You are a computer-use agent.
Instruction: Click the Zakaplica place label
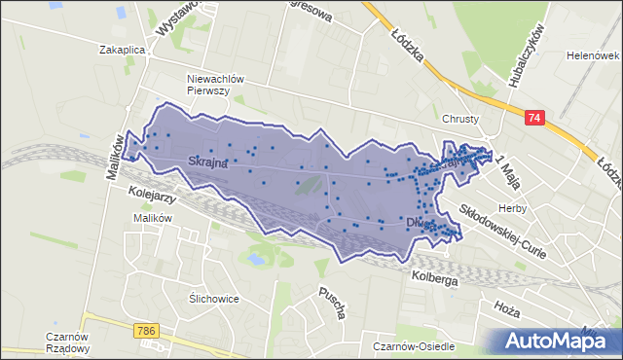tap(122, 49)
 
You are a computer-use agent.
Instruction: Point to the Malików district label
tap(153, 218)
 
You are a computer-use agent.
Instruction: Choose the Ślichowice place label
tap(214, 299)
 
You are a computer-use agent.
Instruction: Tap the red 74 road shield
tap(533, 118)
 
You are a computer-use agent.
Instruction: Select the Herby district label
tap(512, 208)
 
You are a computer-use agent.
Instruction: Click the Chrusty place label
tap(460, 119)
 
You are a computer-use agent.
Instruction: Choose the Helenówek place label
tap(593, 55)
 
